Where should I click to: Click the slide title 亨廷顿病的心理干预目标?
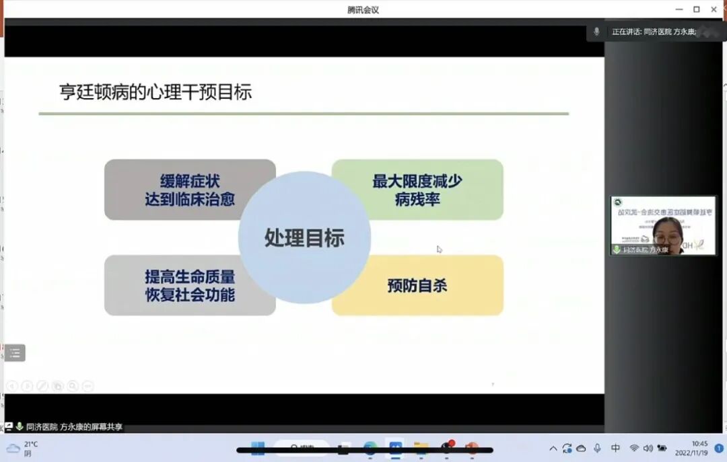[x=155, y=92]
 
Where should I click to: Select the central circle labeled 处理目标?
[x=304, y=237]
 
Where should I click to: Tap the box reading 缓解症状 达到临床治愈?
[x=189, y=190]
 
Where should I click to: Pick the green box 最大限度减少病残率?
[x=417, y=190]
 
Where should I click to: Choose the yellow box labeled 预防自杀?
[x=417, y=285]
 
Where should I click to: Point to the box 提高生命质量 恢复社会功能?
[x=189, y=285]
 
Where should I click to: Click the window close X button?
[x=714, y=9]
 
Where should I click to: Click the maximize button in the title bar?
[x=696, y=9]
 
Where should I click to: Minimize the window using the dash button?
[x=679, y=9]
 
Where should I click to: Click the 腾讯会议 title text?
[x=363, y=9]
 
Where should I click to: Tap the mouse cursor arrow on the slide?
[x=440, y=249]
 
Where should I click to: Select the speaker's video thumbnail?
[x=664, y=226]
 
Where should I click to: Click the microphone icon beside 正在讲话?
[x=596, y=32]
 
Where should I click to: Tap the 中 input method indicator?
[x=615, y=449]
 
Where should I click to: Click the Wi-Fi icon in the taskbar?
[x=633, y=449]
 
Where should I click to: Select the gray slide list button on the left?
[x=15, y=352]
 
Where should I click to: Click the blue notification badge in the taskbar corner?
[x=718, y=449]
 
